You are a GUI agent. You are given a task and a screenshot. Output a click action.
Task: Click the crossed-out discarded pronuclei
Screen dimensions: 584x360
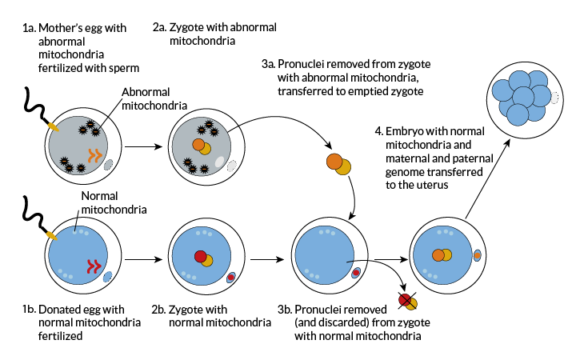[407, 301]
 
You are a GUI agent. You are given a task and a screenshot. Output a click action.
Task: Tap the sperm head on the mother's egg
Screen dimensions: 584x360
[54, 126]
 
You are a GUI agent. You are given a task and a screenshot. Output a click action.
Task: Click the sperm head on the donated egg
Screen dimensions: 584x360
[51, 235]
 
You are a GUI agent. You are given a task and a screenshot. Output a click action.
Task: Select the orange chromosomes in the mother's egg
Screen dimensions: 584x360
[95, 156]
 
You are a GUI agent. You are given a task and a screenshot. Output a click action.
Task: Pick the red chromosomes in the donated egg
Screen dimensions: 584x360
[94, 266]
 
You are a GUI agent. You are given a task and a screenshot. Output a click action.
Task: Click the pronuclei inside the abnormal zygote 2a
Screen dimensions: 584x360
[202, 146]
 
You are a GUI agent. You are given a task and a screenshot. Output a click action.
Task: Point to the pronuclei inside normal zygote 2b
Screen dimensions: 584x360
[203, 258]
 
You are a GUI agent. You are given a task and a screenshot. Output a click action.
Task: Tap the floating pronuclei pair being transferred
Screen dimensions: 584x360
[338, 164]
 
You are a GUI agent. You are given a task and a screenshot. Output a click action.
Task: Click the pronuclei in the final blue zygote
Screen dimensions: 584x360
[442, 255]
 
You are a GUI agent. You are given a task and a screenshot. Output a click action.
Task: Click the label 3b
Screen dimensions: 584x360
[285, 310]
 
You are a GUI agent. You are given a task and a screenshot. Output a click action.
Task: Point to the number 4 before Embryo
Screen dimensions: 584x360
[378, 131]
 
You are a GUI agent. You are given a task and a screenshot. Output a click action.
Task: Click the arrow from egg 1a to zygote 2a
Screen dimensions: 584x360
[143, 146]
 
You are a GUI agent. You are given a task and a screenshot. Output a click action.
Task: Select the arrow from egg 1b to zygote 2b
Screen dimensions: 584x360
[143, 259]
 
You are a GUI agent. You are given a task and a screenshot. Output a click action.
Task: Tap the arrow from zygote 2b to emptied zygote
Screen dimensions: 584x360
[267, 259]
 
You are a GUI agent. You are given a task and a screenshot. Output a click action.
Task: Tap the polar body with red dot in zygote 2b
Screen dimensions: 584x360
[231, 277]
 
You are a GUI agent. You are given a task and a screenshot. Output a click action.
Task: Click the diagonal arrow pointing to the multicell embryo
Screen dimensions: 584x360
[487, 179]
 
